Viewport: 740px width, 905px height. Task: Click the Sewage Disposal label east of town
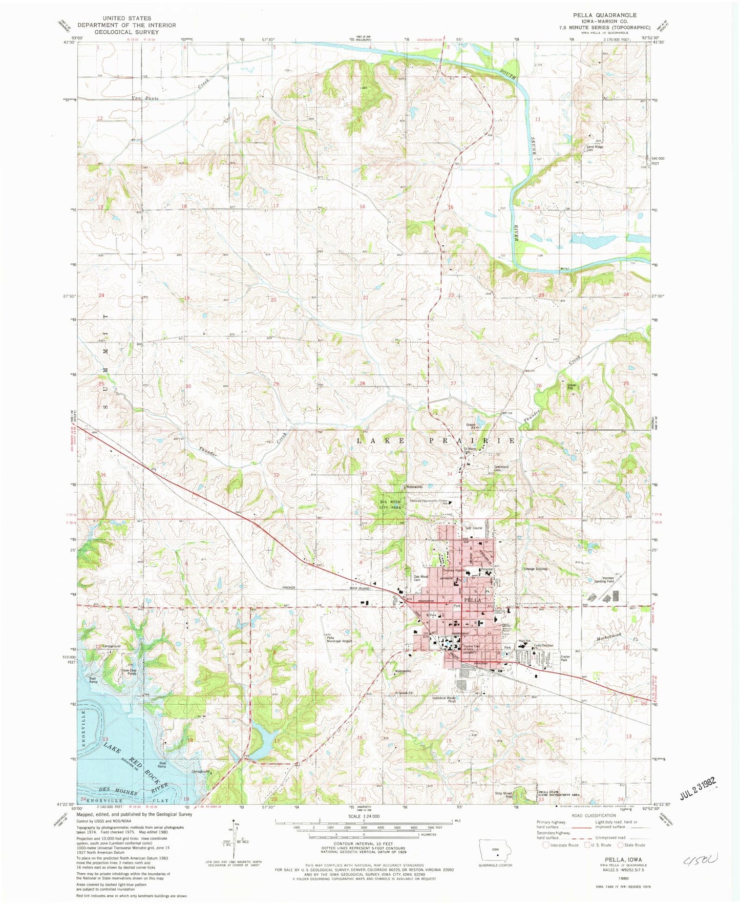(535, 569)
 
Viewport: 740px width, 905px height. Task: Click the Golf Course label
(474, 528)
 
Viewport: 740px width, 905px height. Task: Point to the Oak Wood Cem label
(421, 578)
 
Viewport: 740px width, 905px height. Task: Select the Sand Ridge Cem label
(595, 148)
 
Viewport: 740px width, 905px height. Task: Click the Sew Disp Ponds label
(129, 672)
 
